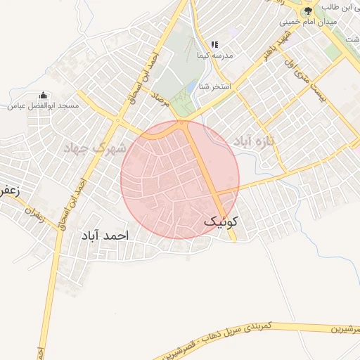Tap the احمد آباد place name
pos(102,236)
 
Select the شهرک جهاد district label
pos(94,148)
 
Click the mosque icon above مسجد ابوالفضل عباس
pos(44,94)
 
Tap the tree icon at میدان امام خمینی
pos(307,11)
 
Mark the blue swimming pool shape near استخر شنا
pos(191,88)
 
